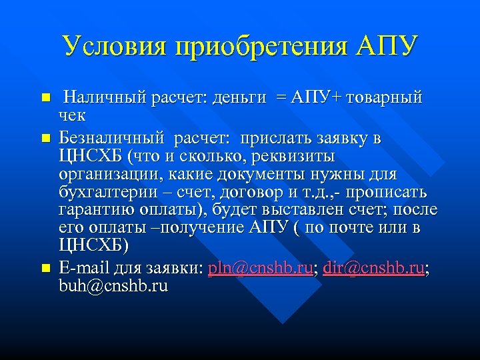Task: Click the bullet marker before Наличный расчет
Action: [45, 98]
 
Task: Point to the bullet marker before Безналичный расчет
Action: [45, 139]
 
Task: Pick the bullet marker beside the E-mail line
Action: [45, 268]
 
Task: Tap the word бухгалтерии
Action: [107, 193]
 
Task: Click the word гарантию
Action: [94, 211]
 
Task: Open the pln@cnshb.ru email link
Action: [261, 267]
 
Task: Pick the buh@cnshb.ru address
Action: [113, 285]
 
